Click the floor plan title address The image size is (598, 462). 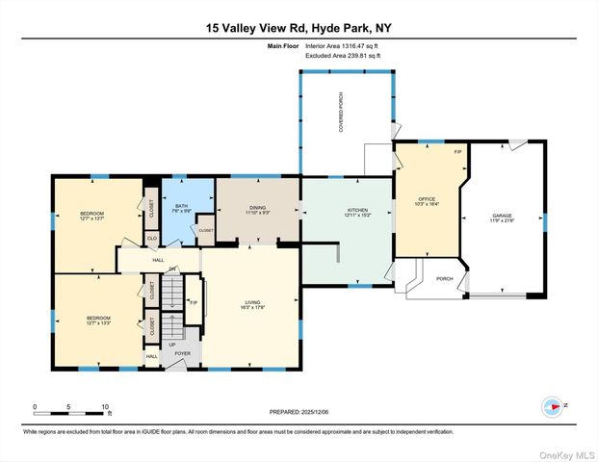pyautogui.click(x=299, y=28)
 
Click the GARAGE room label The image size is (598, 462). pyautogui.click(x=502, y=218)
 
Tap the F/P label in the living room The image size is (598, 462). pyautogui.click(x=193, y=304)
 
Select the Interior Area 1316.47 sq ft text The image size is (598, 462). pyautogui.click(x=343, y=45)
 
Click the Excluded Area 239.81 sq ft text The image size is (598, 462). pyautogui.click(x=343, y=56)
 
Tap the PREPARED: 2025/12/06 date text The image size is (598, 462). pyautogui.click(x=298, y=411)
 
